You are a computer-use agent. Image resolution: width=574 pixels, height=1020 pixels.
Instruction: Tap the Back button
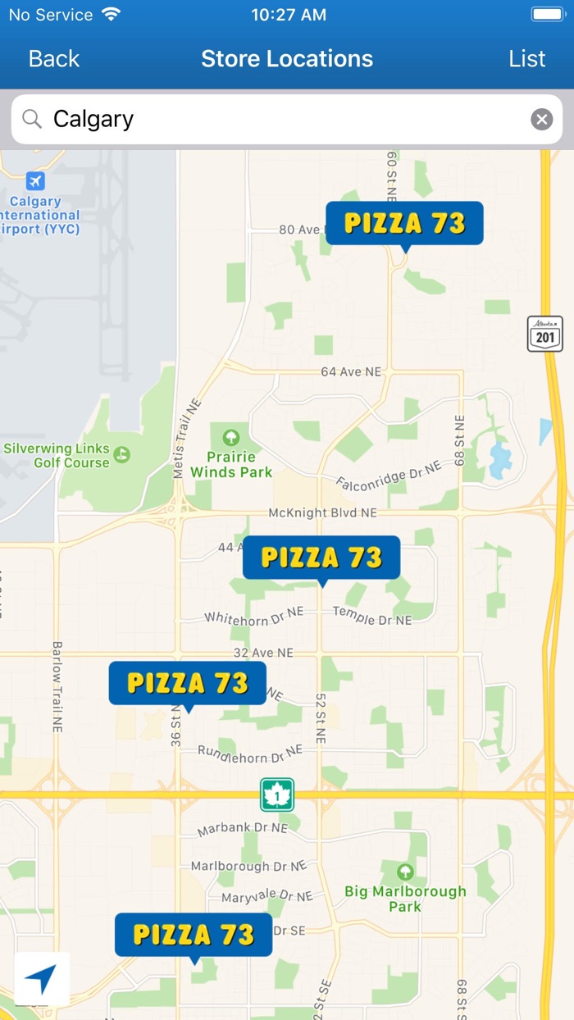pos(54,59)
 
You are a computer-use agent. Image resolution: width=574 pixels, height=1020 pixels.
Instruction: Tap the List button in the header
pos(526,59)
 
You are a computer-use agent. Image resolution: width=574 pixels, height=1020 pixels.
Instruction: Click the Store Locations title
pos(287,59)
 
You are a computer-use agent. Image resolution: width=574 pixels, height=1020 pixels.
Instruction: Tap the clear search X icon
pos(541,120)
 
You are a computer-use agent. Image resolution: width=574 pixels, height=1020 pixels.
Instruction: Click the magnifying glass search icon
pos(32,120)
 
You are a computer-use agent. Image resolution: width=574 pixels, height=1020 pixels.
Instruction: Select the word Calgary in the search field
pos(93,120)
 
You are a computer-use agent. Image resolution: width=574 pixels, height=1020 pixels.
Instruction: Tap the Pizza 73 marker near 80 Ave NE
pos(404,223)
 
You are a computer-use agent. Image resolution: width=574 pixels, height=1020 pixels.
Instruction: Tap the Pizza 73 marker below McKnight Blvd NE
pos(321,558)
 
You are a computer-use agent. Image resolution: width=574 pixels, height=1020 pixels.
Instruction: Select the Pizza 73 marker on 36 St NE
pos(188,683)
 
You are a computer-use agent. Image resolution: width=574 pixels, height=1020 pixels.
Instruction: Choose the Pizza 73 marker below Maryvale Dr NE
pos(194,935)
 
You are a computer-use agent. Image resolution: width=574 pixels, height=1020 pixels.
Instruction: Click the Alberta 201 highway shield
pos(545,335)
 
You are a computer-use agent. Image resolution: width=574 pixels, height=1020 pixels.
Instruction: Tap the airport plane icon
pos(34,181)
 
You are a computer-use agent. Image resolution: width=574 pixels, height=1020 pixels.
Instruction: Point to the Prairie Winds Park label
pos(231,463)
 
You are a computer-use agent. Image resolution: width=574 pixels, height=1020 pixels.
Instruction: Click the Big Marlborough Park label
pos(405,898)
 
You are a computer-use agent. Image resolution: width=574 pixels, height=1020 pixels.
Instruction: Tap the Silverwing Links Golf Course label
pos(57,456)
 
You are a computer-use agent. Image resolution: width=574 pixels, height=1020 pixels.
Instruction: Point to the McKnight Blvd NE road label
pos(322,513)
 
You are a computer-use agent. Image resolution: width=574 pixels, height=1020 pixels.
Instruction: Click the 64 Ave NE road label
pos(351,372)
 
